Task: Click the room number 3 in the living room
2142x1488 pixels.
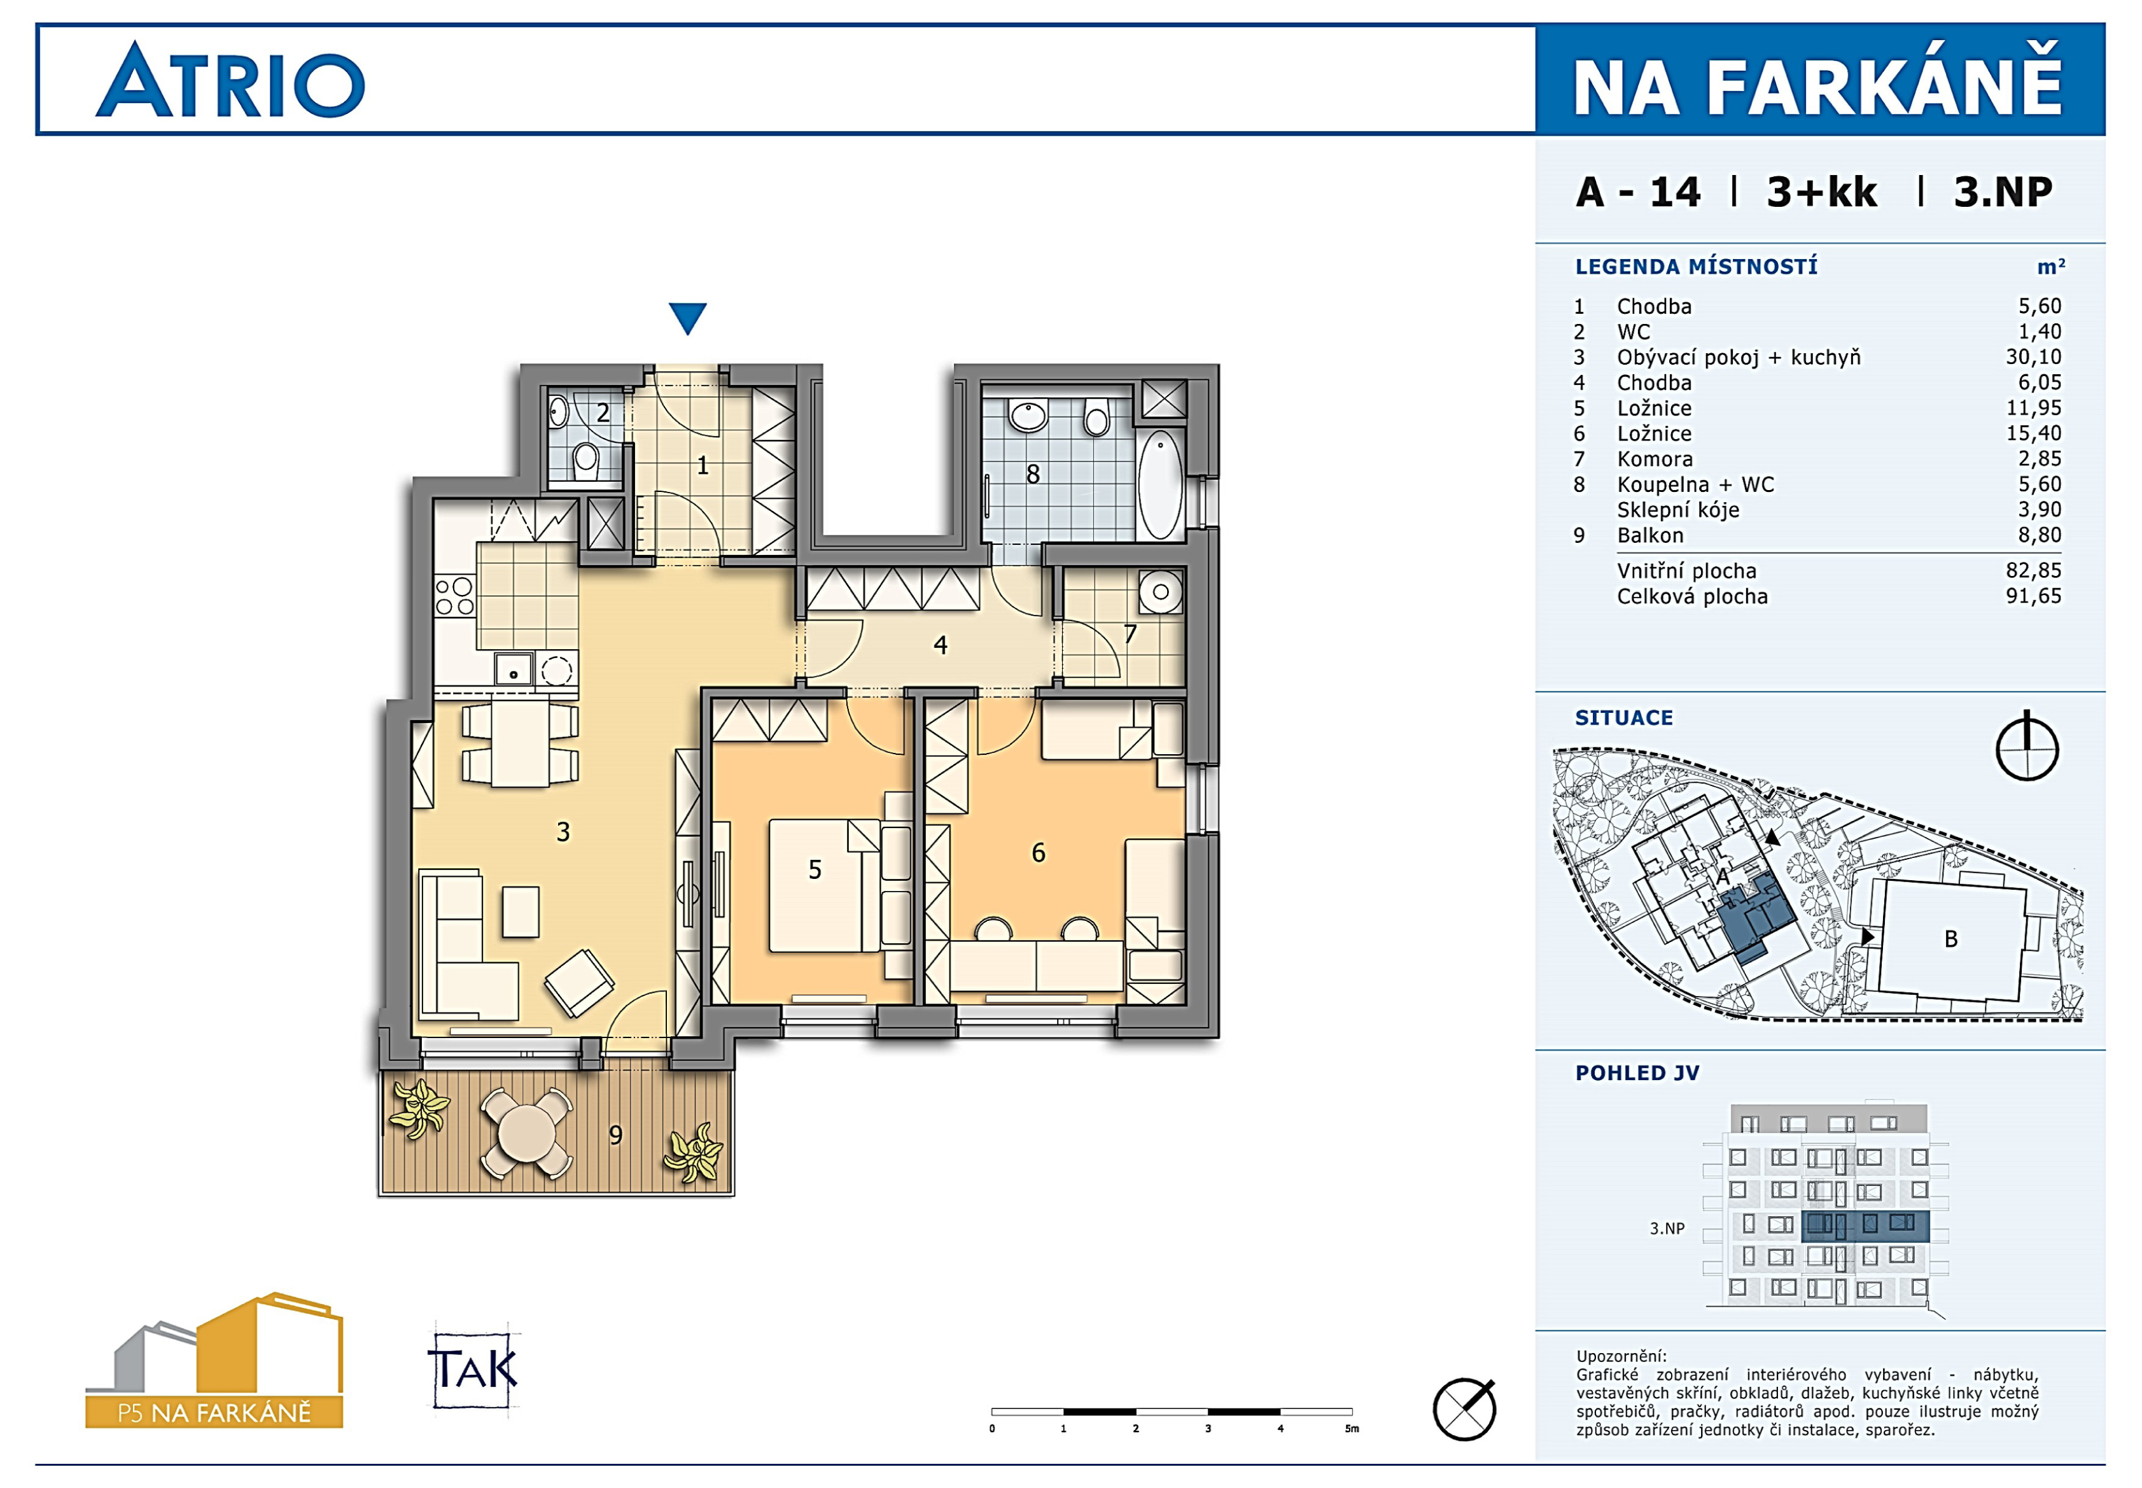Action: [563, 832]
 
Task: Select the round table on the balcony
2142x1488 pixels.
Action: [527, 1134]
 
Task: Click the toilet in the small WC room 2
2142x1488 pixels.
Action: [585, 459]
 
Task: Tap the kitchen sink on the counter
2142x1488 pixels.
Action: [514, 670]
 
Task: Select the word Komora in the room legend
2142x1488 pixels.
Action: [1655, 459]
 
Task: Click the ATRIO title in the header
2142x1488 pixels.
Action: [230, 80]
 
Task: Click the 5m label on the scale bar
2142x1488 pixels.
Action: [1352, 1428]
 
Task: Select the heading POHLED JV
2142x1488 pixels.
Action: [1637, 1073]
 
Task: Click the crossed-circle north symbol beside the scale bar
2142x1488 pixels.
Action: [1464, 1408]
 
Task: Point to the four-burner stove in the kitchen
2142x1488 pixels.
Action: [454, 597]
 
